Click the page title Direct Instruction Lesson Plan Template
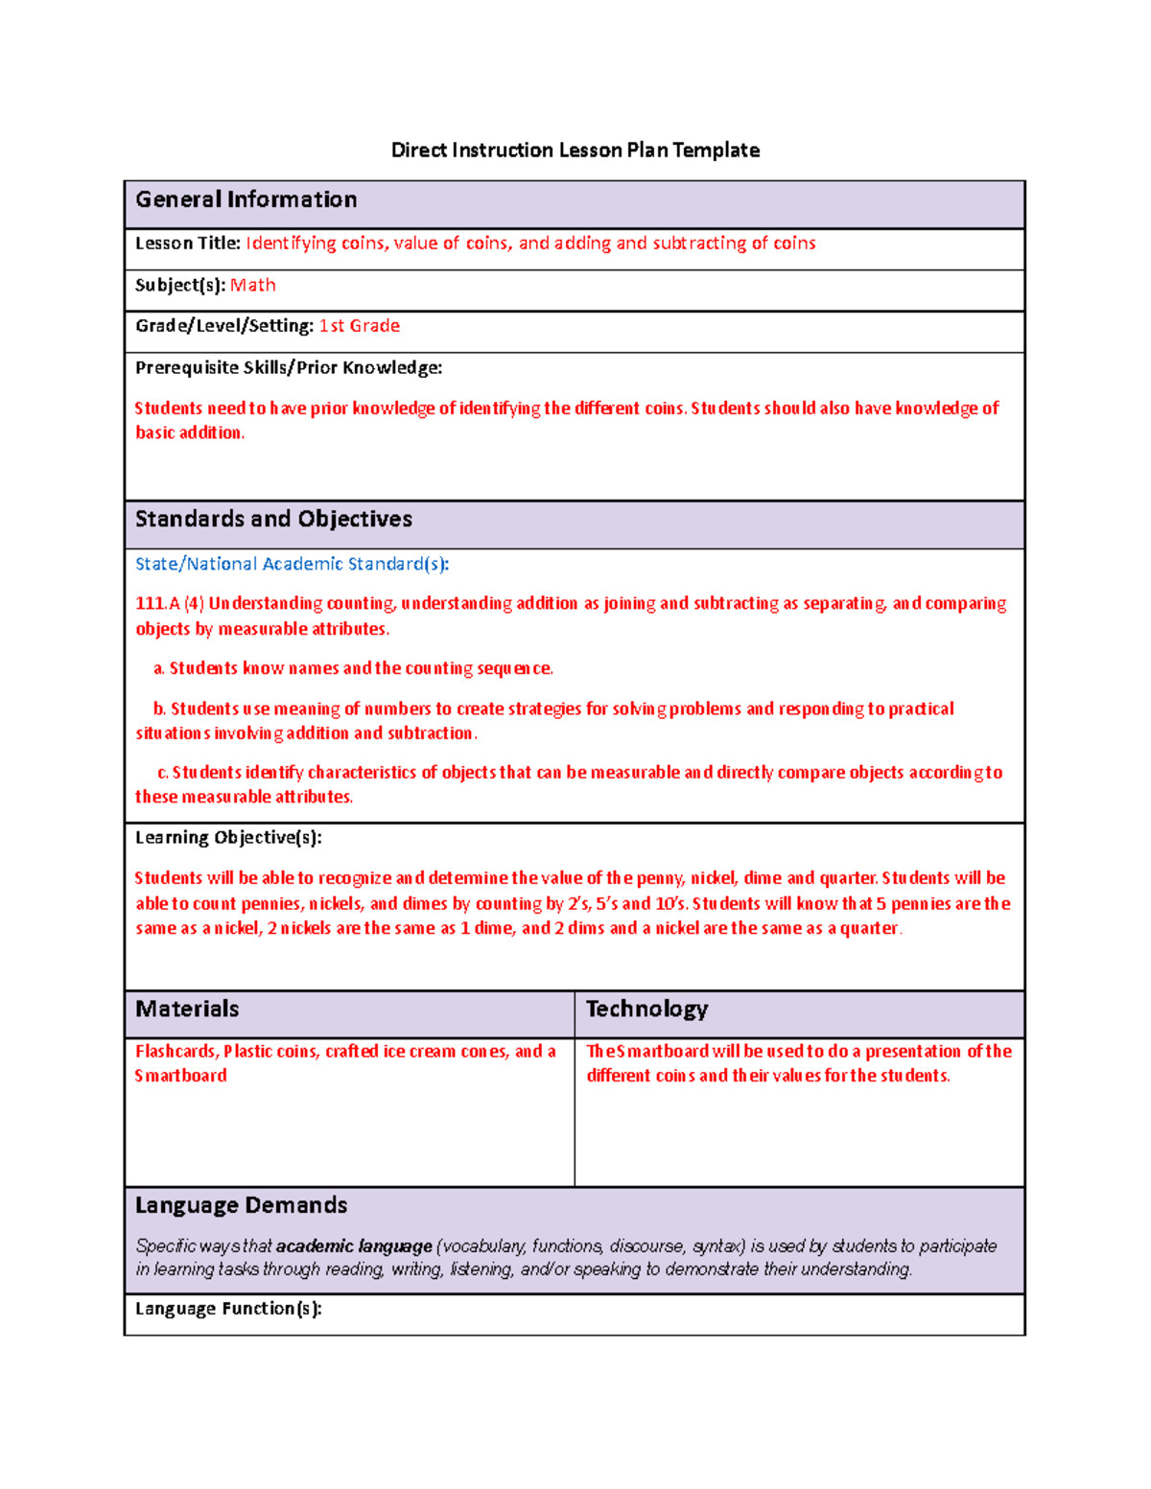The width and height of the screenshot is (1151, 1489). point(575,150)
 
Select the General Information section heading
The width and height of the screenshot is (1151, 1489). point(247,199)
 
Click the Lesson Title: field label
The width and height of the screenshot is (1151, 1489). point(188,244)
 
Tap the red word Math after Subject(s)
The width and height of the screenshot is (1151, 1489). point(253,286)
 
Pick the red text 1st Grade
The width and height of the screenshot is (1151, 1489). point(360,326)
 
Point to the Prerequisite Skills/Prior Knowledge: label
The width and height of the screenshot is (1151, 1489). point(289,368)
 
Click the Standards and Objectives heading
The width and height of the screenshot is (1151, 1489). point(273,519)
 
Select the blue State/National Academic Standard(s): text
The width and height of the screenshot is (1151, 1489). point(292,564)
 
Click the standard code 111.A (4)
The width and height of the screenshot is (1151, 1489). point(170,604)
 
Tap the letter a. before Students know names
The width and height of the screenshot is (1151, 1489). point(158,668)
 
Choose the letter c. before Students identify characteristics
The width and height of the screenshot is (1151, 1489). point(163,773)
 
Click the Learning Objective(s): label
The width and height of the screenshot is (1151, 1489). point(228,838)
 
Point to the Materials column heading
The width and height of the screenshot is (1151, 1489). point(187,1009)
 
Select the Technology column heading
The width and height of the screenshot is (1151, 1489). point(646,1009)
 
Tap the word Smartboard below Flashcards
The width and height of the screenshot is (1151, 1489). point(181,1076)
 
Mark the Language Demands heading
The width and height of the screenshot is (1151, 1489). point(241,1205)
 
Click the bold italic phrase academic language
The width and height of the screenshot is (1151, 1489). point(354,1246)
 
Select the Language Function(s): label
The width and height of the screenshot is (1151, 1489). point(228,1309)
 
